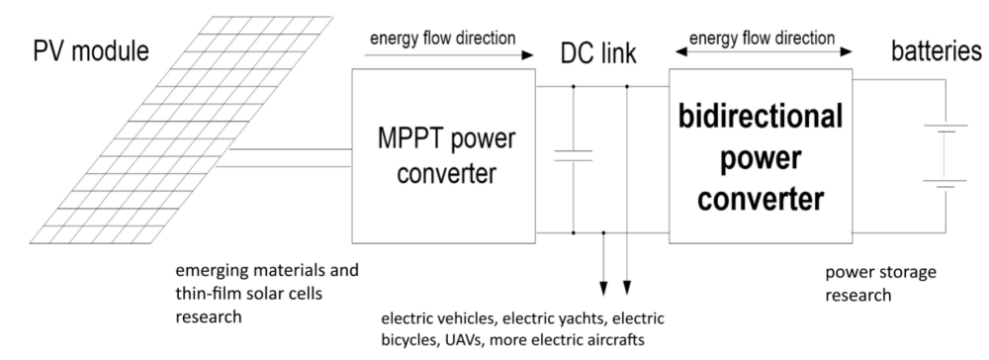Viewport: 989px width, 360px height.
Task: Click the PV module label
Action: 91,51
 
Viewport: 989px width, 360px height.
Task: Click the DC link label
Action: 598,54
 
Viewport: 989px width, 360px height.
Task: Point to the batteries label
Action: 937,51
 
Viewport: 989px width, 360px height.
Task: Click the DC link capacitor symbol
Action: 574,155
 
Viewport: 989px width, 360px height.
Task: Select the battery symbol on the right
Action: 944,155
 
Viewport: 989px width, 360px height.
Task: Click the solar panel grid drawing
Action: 181,130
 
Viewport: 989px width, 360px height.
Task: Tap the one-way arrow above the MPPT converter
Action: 449,55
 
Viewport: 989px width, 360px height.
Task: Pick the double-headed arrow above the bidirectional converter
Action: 764,51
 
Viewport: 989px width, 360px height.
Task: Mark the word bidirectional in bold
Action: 761,118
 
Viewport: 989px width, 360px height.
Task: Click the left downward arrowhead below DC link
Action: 603,288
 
